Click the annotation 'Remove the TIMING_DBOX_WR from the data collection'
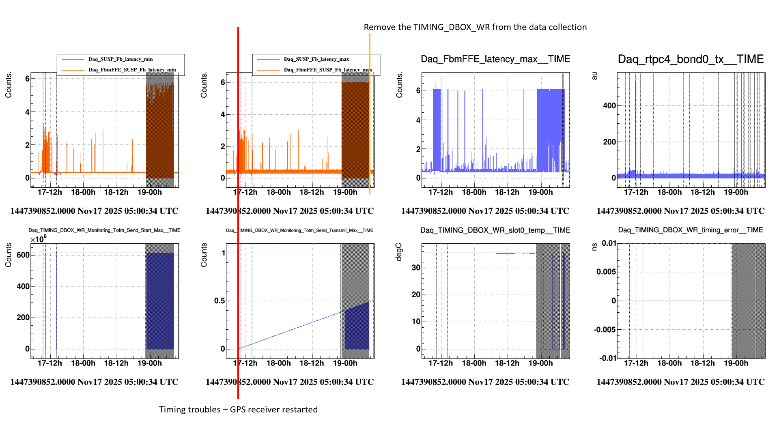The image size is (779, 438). click(475, 27)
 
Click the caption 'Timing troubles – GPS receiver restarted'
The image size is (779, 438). click(238, 410)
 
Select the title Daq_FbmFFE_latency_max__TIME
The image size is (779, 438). click(495, 59)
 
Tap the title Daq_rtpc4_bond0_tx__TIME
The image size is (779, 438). click(691, 59)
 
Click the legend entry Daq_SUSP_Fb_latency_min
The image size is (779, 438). click(121, 59)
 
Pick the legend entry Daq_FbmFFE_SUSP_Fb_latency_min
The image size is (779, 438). click(132, 70)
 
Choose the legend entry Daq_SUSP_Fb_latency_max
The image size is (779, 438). click(316, 59)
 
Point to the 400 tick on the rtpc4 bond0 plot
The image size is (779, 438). click(609, 106)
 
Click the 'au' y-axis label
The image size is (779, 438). click(594, 76)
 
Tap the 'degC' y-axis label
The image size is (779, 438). click(399, 252)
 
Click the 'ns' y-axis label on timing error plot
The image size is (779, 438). click(594, 247)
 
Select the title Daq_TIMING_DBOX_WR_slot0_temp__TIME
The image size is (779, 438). click(495, 230)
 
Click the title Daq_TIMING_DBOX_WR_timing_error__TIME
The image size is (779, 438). click(691, 230)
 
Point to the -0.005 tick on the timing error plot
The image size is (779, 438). click(605, 330)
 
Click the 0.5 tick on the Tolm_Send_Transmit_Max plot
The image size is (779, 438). click(219, 301)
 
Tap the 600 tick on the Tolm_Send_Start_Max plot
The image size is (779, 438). click(23, 255)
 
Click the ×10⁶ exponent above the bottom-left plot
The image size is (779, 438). click(39, 239)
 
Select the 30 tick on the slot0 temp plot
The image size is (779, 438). click(416, 268)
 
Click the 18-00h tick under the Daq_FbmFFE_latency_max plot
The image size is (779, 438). click(474, 192)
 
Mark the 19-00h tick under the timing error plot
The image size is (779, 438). click(736, 363)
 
